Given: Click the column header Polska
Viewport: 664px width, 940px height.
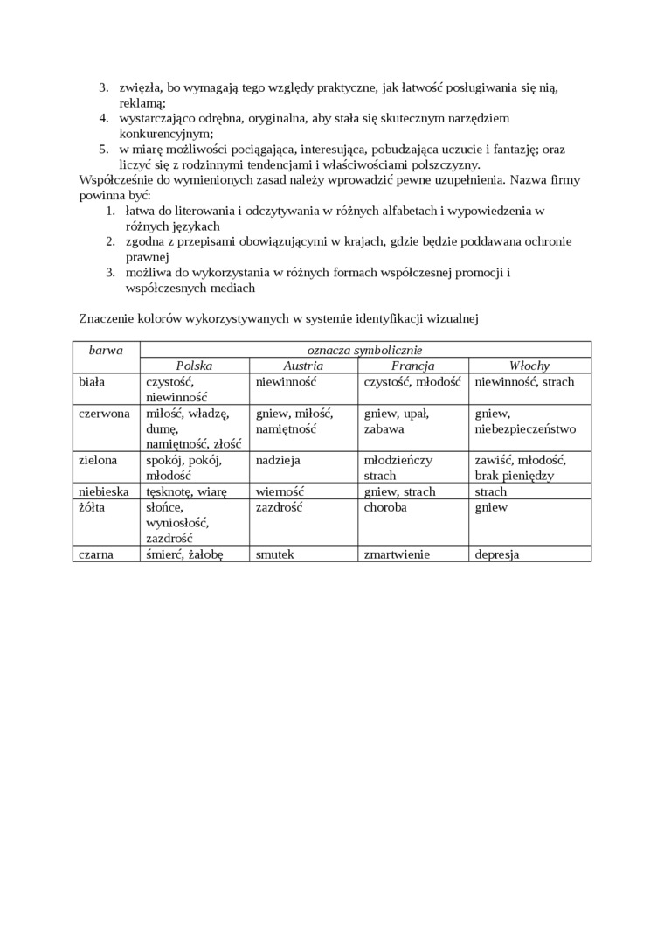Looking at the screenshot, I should (194, 366).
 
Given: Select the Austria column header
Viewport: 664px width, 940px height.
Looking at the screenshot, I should (303, 366).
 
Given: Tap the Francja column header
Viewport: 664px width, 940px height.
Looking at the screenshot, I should (412, 366).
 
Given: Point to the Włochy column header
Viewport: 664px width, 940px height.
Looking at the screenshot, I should (529, 366).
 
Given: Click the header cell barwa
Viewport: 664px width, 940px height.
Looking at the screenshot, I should (106, 350).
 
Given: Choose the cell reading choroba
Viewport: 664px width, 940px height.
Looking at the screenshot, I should (385, 507).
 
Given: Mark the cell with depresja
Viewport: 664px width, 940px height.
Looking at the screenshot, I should (497, 554).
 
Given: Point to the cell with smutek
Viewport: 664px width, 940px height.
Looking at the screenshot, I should (275, 554).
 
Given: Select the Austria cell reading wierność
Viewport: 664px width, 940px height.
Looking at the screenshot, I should (280, 491).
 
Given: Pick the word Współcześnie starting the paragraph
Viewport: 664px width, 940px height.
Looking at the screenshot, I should (119, 179).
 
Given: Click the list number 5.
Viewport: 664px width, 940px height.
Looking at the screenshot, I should (102, 149).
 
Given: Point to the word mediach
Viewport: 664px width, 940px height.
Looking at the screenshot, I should (231, 289).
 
